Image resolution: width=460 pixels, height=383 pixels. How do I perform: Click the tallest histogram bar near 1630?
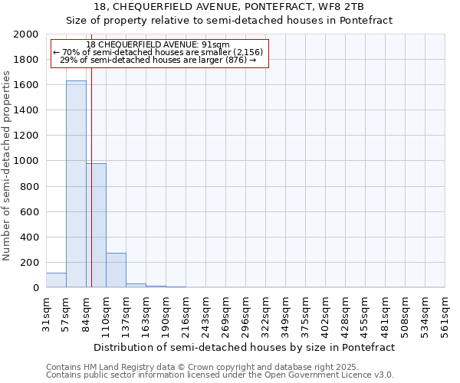pos(76,184)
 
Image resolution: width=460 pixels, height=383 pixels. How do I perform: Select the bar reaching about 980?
pos(96,225)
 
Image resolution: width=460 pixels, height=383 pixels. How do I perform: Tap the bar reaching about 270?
pos(116,270)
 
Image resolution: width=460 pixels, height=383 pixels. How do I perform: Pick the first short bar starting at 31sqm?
pos(56,280)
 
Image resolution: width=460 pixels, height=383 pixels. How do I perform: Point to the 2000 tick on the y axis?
pos(28,34)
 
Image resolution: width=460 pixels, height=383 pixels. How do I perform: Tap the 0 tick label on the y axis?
pos(36,288)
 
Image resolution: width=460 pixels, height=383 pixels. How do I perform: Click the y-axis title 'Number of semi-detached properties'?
pos(8,165)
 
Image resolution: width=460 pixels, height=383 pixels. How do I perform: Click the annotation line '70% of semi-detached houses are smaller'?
pos(159,52)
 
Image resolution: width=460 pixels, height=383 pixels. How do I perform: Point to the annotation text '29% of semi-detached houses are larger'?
pos(158,60)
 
